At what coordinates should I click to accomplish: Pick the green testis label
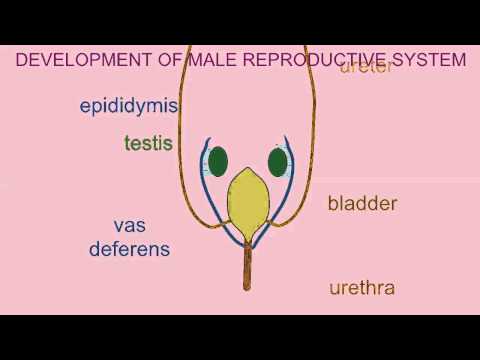149,143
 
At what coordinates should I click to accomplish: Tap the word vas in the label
129,226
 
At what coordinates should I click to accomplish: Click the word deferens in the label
129,249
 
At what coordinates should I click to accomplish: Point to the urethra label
362,289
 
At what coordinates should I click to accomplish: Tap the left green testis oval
218,161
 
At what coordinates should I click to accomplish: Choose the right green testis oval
278,161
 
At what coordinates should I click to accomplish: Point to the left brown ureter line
181,120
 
